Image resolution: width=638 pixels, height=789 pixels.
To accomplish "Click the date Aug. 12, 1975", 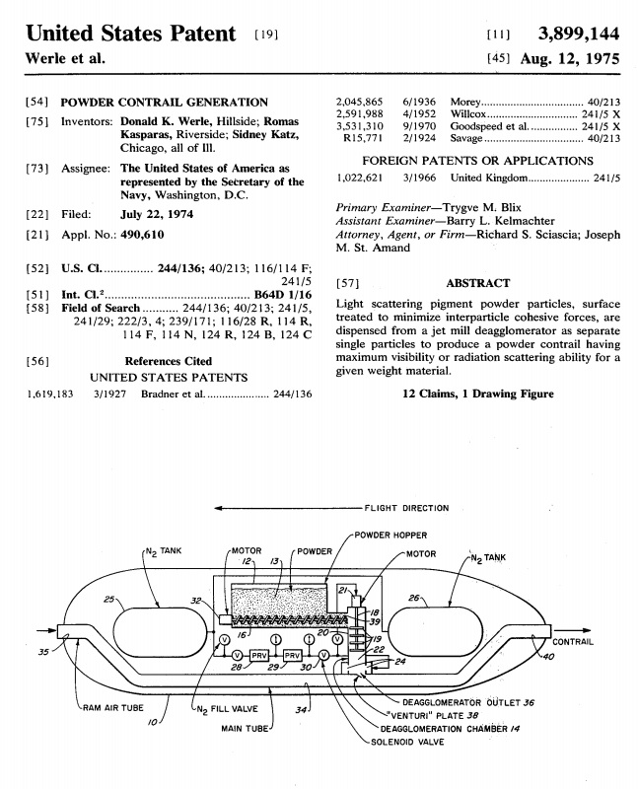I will pyautogui.click(x=567, y=59).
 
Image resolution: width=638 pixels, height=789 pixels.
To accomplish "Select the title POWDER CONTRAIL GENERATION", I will pyautogui.click(x=165, y=102).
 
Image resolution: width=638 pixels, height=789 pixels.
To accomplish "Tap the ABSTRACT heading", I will pyautogui.click(x=477, y=283).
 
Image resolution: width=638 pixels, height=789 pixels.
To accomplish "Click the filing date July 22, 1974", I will pyautogui.click(x=157, y=214).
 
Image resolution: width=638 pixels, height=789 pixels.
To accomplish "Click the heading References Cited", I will pyautogui.click(x=168, y=361).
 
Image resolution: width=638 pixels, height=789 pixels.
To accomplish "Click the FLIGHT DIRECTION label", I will pyautogui.click(x=406, y=508).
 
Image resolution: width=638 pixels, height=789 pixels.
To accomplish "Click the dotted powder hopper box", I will pyautogui.click(x=278, y=601).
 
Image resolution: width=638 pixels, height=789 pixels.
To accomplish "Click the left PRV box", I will pyautogui.click(x=259, y=656).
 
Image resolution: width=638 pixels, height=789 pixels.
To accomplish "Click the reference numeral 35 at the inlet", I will pyautogui.click(x=42, y=651).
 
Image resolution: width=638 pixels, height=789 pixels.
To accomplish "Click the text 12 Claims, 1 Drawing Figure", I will pyautogui.click(x=477, y=394).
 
